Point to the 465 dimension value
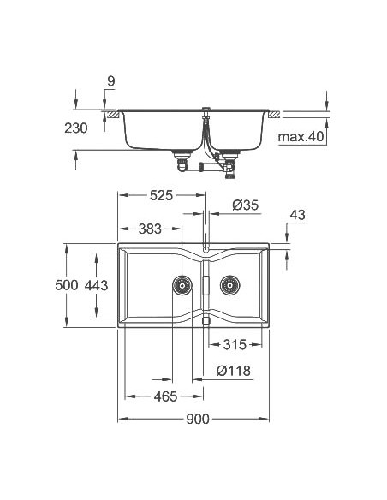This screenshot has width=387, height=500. coord(165,396)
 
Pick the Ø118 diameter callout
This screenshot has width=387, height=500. coord(233,372)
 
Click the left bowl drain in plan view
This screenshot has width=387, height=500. coord(181,285)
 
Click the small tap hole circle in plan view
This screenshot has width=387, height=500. coord(205,249)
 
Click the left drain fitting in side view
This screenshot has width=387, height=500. coord(181,156)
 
